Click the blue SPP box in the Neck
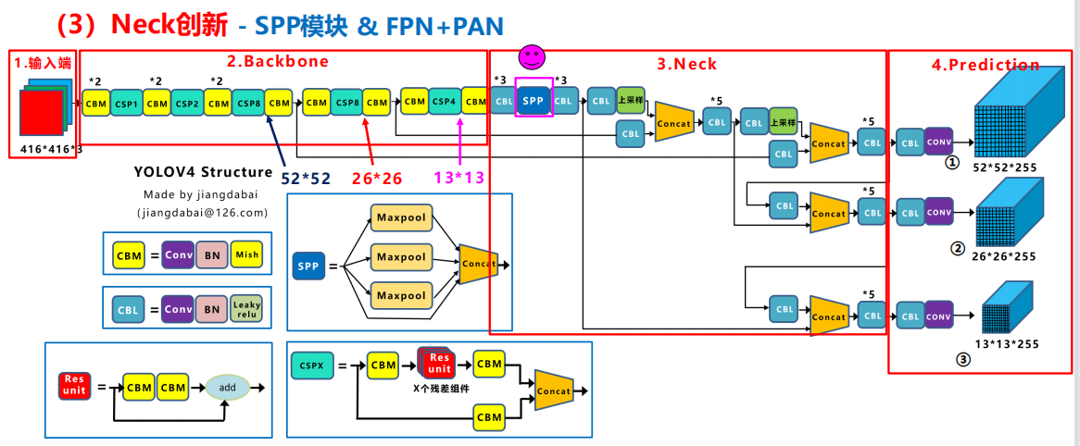(533, 100)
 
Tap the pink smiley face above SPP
(531, 57)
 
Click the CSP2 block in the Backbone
(187, 103)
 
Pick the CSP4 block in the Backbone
(444, 100)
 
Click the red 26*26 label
(378, 177)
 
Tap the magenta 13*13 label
(458, 178)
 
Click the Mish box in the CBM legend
(246, 255)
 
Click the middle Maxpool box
(400, 256)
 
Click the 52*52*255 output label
(1005, 167)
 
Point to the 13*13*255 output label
(1007, 344)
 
